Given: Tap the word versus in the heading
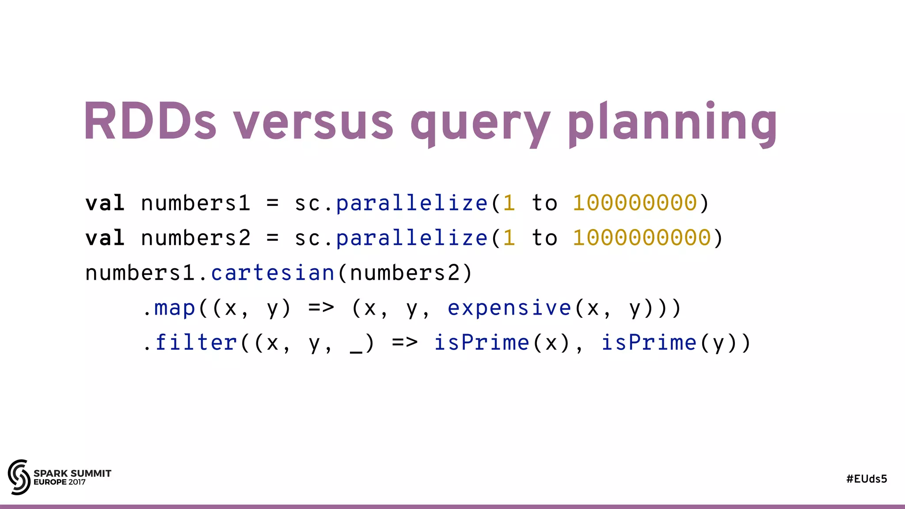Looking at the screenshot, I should click(313, 124).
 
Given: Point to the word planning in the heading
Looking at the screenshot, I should click(673, 124).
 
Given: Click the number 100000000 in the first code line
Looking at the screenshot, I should click(635, 203).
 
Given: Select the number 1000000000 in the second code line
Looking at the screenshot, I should click(642, 238).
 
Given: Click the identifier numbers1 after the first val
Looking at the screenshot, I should click(195, 203).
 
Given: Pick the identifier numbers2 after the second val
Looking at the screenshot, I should click(195, 238).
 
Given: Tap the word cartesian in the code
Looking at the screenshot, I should click(273, 273).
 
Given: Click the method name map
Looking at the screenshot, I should click(175, 308).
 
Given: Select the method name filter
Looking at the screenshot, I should click(196, 342).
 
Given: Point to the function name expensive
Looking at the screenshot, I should click(510, 308).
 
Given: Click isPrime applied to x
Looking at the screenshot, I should click(482, 342).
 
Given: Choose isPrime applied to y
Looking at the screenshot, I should click(649, 342).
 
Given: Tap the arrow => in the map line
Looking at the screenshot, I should click(321, 308).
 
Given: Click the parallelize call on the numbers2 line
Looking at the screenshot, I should click(411, 238).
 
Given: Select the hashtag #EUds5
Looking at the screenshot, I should click(866, 479).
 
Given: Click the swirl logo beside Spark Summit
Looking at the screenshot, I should click(19, 477).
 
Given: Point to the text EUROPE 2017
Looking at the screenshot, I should click(60, 482).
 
